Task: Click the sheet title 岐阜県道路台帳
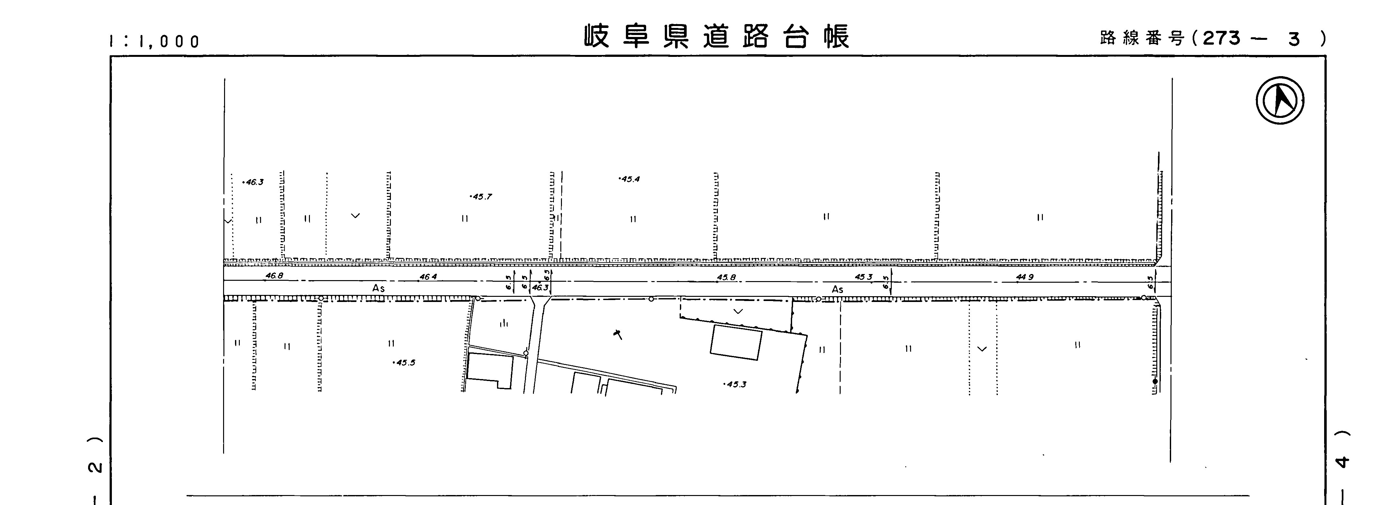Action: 717,36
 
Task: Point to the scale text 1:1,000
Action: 155,41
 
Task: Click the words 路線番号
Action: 1141,39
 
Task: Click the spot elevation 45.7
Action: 481,197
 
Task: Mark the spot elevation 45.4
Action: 630,179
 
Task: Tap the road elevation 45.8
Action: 727,277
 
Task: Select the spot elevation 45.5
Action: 404,362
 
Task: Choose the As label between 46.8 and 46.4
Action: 378,288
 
